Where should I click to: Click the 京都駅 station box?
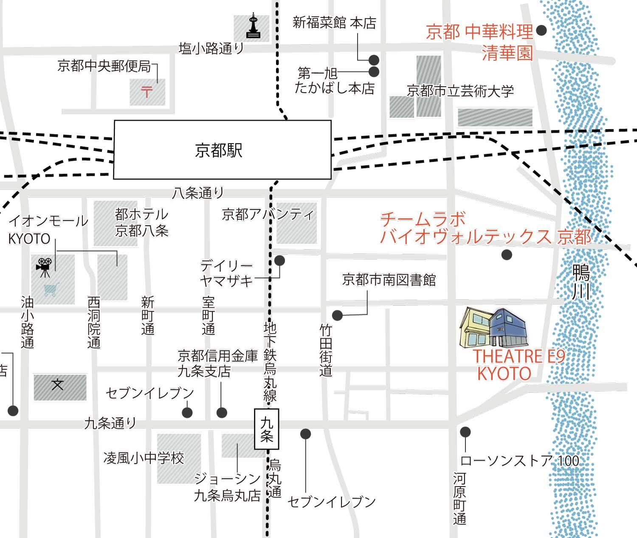[x=222, y=149]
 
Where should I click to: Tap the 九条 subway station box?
[x=267, y=429]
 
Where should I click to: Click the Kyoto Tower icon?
[x=253, y=27]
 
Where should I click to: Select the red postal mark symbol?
[x=147, y=91]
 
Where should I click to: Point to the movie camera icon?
[x=44, y=267]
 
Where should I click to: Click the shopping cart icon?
[x=50, y=290]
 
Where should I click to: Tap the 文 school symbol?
[x=58, y=386]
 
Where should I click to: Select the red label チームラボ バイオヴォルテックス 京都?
[x=484, y=228]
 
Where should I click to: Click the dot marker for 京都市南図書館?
[x=337, y=315]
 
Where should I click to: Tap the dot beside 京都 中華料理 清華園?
[x=541, y=31]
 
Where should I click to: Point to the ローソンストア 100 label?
[x=519, y=461]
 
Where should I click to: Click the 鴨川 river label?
[x=581, y=282]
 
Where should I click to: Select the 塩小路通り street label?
[x=211, y=48]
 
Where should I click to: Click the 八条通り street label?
[x=197, y=194]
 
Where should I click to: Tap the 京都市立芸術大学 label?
[x=460, y=91]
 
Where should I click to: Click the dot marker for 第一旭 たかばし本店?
[x=374, y=72]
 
